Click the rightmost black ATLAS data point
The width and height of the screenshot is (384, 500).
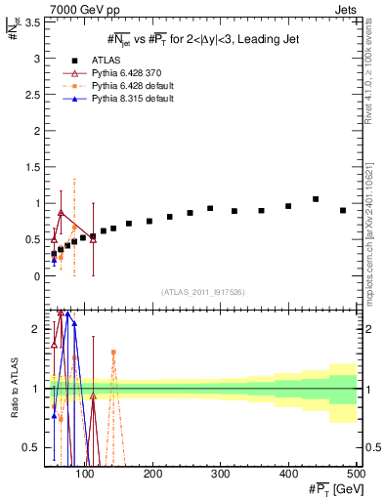click(x=343, y=210)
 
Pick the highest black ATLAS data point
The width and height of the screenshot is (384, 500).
click(x=316, y=199)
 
